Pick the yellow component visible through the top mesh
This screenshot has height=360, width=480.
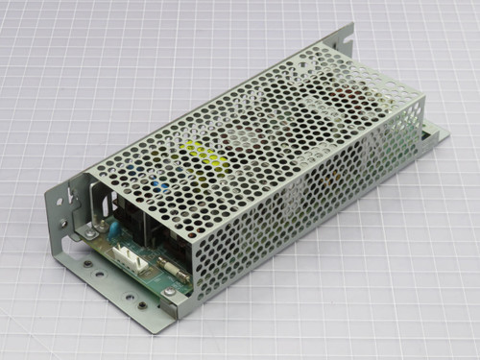(205, 151)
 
